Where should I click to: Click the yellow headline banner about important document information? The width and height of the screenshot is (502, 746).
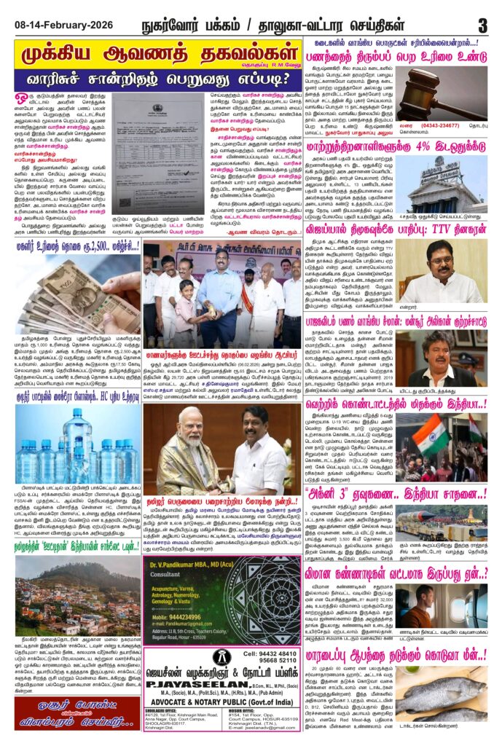157,56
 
